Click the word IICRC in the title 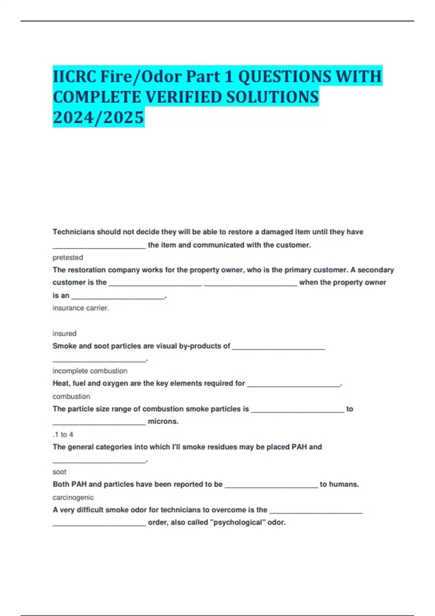(74, 76)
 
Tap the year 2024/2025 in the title (98, 117)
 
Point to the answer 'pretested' (68, 258)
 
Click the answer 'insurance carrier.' (80, 308)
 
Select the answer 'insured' (65, 333)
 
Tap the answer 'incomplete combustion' (90, 371)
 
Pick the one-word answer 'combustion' (71, 396)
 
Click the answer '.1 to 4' (63, 434)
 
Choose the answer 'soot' (59, 472)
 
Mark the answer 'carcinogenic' (73, 498)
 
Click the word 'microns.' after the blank (163, 421)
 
